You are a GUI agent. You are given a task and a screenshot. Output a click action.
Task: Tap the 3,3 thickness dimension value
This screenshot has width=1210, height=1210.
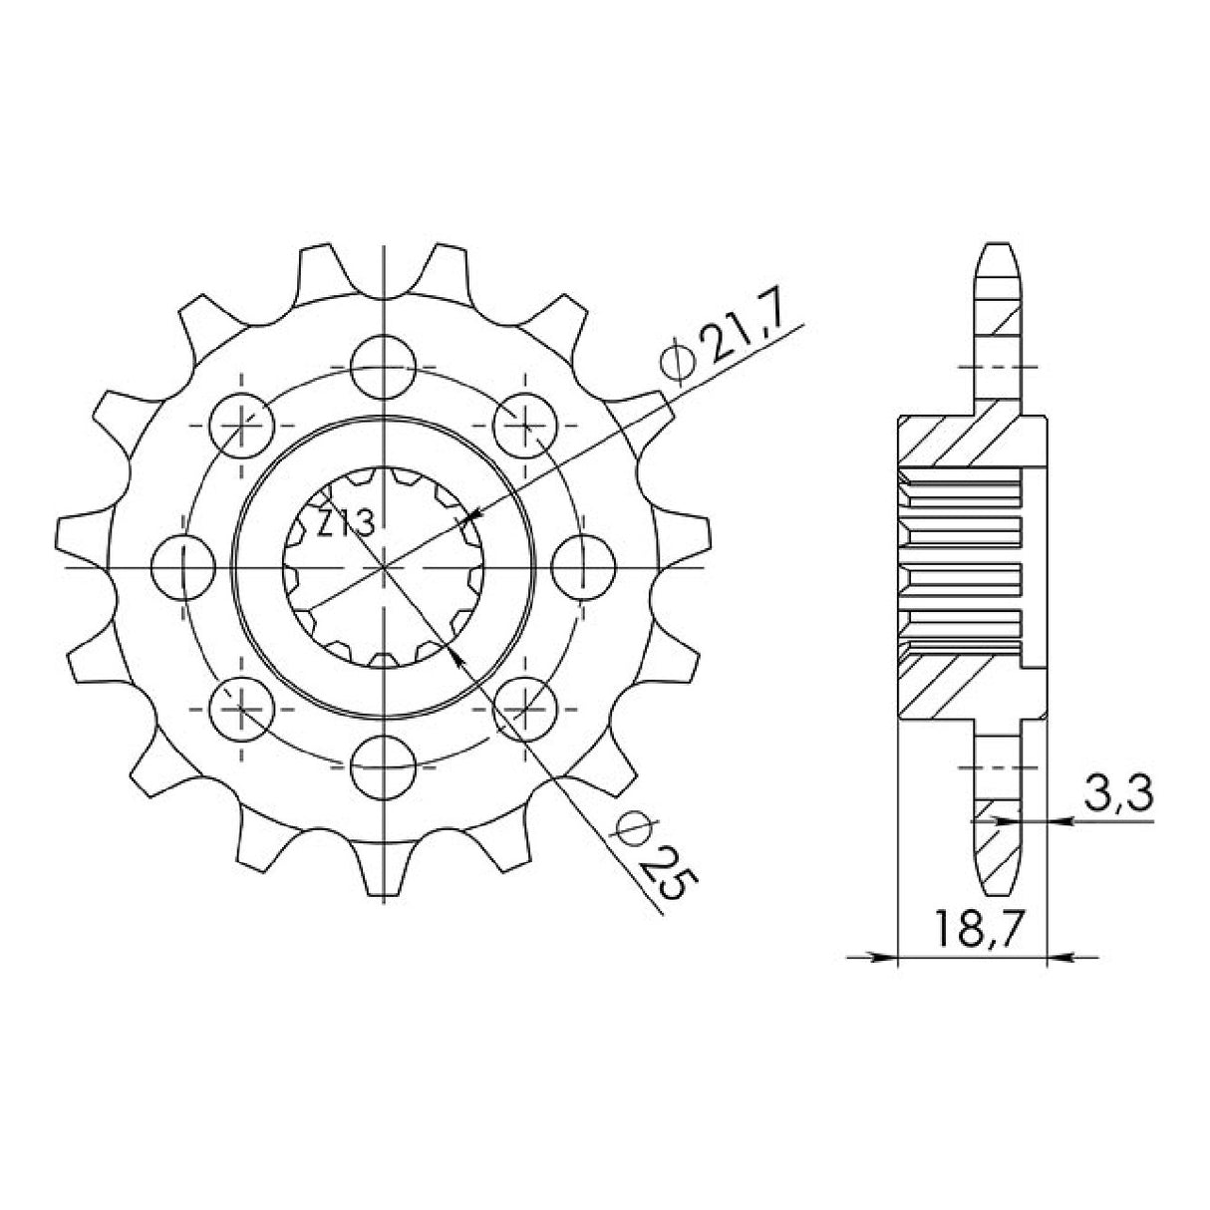[x=1114, y=796]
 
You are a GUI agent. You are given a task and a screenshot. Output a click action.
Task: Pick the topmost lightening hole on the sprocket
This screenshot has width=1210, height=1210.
[x=384, y=365]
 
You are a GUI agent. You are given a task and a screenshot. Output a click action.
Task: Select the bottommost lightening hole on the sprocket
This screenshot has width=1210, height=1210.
[x=384, y=768]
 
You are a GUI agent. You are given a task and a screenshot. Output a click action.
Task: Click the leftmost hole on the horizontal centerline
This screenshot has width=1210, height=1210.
[x=183, y=567]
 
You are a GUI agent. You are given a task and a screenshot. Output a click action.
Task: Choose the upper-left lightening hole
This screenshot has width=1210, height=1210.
[x=242, y=425]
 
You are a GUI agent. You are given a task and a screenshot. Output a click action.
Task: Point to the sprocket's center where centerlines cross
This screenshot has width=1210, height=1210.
[x=384, y=567]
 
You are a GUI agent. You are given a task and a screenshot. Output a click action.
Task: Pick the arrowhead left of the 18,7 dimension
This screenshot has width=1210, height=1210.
[x=885, y=959]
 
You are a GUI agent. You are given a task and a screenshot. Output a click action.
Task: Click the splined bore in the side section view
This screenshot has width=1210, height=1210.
[x=962, y=567]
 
